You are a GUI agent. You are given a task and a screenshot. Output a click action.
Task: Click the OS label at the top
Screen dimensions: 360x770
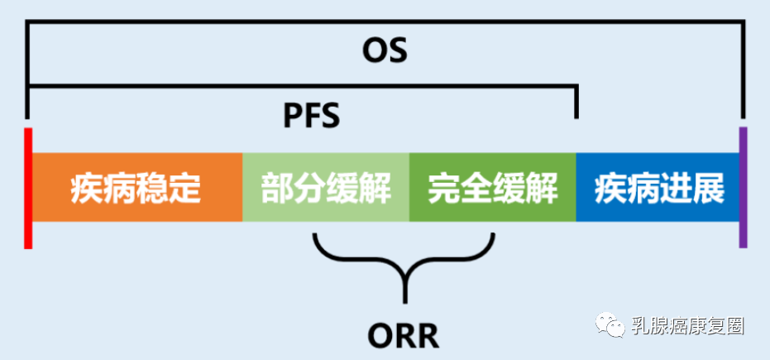(385, 51)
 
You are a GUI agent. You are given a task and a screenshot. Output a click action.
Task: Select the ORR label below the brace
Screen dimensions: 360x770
(403, 335)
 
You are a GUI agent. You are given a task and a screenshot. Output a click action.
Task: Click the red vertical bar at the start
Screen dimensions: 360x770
(28, 188)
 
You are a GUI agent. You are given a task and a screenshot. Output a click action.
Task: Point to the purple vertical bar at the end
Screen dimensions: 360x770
(743, 188)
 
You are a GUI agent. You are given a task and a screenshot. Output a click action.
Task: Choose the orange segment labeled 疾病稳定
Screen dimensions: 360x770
(136, 188)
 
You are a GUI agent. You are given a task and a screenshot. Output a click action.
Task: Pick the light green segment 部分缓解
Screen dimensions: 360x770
(326, 188)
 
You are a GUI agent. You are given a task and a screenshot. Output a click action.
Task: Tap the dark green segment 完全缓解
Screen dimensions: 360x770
(493, 188)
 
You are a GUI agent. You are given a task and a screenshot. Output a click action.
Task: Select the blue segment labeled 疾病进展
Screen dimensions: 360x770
(658, 188)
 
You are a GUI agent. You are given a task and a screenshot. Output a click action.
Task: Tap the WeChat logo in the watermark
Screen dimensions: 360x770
(614, 324)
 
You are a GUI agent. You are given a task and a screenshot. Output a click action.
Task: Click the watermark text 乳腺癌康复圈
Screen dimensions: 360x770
(687, 325)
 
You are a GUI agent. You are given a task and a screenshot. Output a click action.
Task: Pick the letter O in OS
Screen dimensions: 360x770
(375, 51)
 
